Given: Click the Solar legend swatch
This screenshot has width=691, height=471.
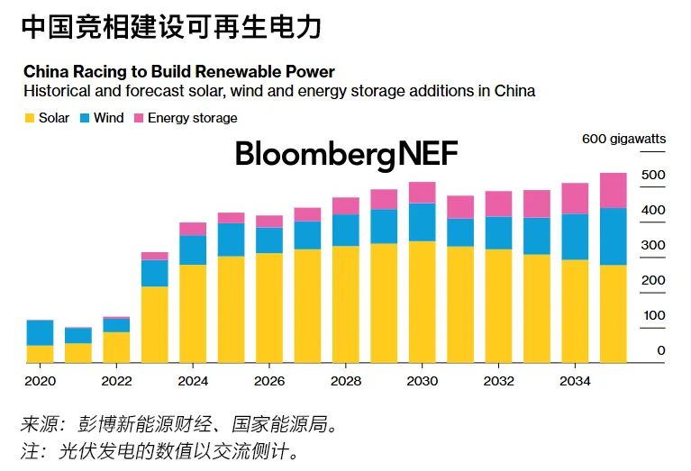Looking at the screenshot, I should click(x=29, y=118).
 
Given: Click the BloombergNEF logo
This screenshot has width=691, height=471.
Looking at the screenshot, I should click(x=347, y=154).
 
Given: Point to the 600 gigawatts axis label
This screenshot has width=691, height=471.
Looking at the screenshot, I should click(x=623, y=139).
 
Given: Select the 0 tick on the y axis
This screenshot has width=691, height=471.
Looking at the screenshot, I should click(x=661, y=350).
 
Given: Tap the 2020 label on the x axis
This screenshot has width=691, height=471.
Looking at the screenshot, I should click(x=41, y=381).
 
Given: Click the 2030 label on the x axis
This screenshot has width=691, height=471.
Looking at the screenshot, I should click(x=422, y=381).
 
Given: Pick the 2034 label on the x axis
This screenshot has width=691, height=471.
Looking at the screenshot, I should click(x=575, y=381).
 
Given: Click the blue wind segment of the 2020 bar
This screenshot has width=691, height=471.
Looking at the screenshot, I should click(x=40, y=332).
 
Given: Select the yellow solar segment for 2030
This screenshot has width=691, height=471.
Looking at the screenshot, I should click(x=422, y=302).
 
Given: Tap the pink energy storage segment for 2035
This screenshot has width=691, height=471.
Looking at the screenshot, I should click(x=613, y=190).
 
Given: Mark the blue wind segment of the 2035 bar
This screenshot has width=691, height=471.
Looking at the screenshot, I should click(x=613, y=236).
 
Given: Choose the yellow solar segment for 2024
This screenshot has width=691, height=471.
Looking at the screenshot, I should click(x=193, y=313).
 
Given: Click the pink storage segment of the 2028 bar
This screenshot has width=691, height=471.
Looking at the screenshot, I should click(x=345, y=206).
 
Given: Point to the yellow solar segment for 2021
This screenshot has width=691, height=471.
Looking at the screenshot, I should click(x=78, y=353).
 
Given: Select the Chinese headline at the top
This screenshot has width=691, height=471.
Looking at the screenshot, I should click(x=171, y=28).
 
